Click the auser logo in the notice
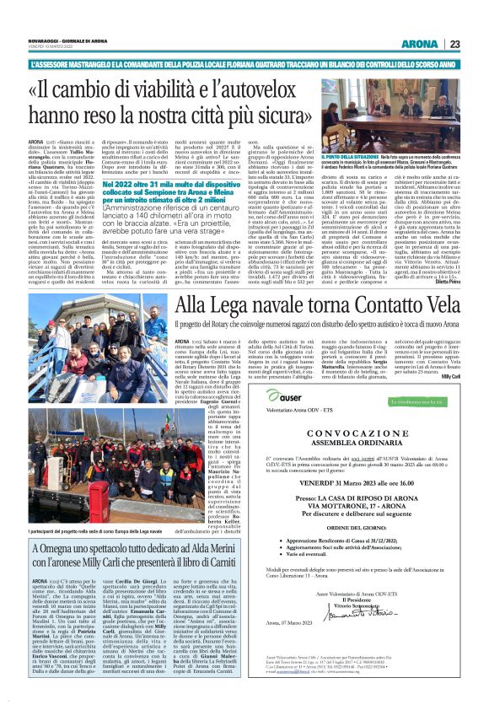tap(290, 374)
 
